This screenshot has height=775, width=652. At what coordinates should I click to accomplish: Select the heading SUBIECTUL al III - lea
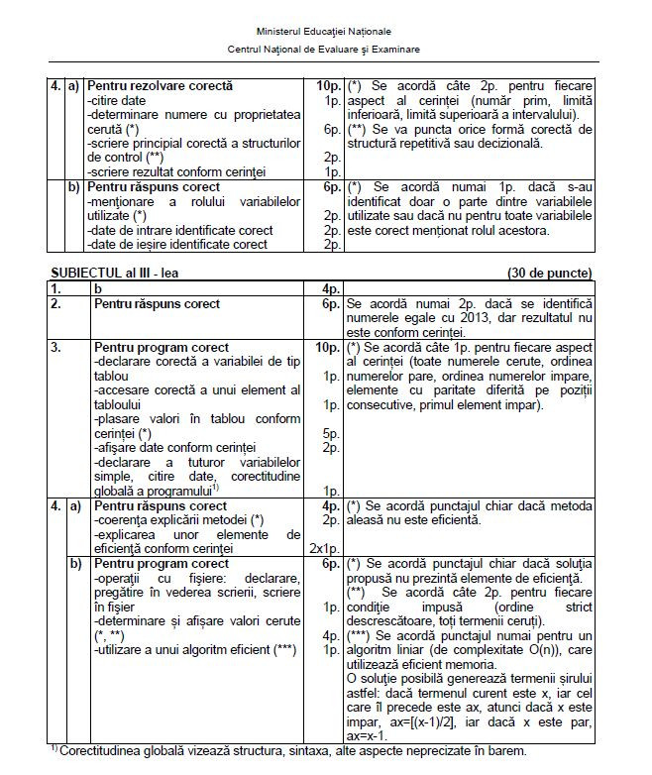(110, 273)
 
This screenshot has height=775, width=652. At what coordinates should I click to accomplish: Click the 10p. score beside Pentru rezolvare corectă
(326, 87)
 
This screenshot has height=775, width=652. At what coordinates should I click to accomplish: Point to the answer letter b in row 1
(97, 288)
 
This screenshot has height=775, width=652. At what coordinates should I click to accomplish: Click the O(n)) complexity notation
(549, 648)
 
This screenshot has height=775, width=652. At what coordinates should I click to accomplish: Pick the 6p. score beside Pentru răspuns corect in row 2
(330, 303)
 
